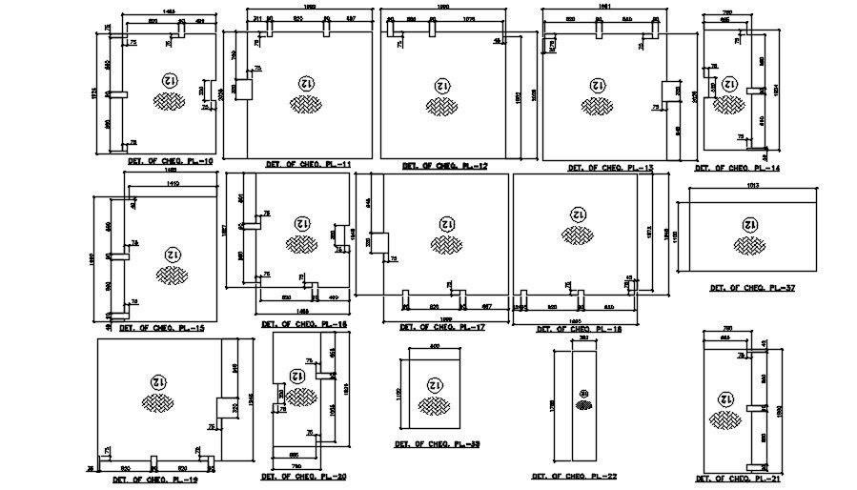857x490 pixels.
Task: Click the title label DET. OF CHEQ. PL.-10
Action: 171,162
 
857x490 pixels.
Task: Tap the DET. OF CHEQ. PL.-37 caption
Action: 752,287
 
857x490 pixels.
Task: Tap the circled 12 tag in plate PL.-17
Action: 444,224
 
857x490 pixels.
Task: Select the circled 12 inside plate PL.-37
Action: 749,224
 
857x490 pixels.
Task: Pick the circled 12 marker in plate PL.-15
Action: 172,255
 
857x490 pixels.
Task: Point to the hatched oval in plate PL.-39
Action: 435,406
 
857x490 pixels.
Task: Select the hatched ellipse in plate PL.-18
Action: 577,234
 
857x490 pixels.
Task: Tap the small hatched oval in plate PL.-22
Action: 581,404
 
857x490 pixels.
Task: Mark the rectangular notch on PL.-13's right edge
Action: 670,92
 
